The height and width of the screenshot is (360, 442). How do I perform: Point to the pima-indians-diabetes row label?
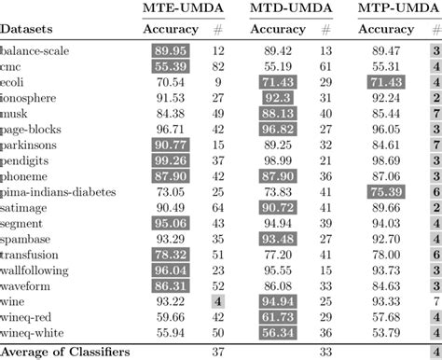58,191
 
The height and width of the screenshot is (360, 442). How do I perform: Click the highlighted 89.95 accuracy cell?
171,53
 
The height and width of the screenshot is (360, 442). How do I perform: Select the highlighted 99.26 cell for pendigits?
171,160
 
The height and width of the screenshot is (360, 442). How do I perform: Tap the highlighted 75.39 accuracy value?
384,191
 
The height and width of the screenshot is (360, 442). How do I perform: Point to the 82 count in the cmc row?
218,68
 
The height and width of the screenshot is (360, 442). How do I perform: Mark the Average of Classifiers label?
64,351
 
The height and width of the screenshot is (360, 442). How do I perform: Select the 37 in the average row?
218,351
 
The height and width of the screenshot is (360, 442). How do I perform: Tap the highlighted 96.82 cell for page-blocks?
279,130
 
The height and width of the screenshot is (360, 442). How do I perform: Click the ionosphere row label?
31,99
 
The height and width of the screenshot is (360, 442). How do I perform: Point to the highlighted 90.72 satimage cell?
279,207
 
